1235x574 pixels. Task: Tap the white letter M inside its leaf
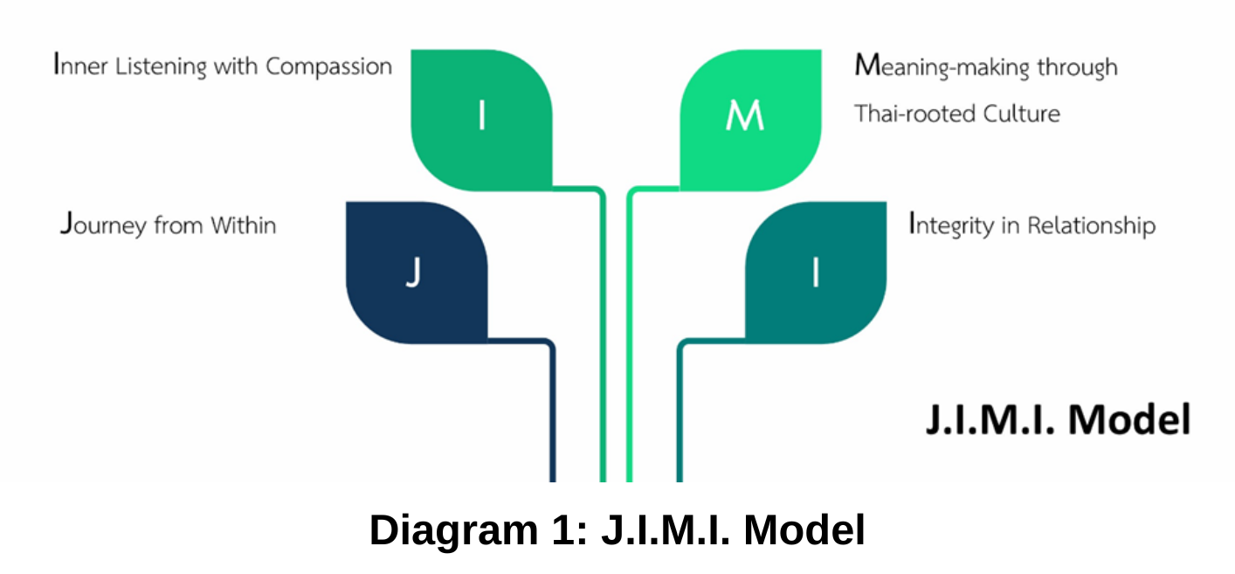(744, 116)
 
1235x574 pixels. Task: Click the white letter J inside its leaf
(414, 273)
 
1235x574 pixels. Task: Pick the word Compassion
(328, 66)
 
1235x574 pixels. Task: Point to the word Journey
(103, 225)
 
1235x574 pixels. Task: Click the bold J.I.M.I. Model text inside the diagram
(1058, 420)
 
